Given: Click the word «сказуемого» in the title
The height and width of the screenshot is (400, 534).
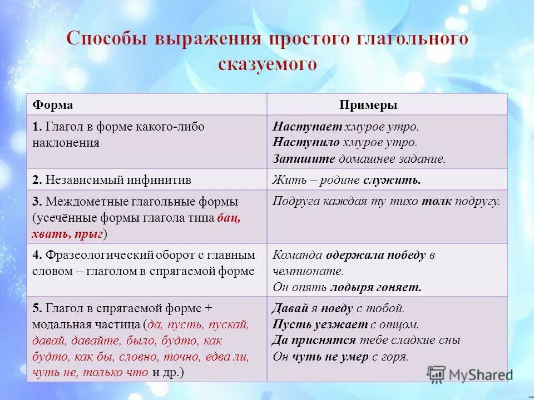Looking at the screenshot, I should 267,64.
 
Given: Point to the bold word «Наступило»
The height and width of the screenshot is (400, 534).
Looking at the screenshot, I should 305,142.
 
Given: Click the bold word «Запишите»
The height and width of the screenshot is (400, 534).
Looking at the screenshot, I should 304,158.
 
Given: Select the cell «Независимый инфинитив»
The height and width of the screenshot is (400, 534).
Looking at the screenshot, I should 118,180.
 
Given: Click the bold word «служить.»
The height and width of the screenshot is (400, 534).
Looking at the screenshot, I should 392,180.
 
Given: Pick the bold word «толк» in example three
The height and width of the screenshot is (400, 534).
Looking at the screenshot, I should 436,202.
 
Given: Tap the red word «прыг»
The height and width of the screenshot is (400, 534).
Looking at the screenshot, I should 90,234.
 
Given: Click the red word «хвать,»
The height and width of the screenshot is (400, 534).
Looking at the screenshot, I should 52,234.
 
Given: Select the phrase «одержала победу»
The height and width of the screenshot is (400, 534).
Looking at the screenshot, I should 376,256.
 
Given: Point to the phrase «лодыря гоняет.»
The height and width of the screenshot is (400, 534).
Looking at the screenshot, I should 376,287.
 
